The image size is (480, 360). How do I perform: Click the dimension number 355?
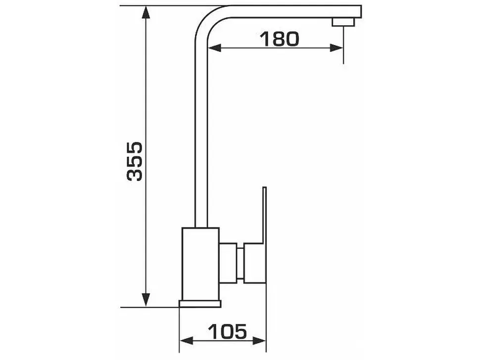pyautogui.click(x=135, y=161)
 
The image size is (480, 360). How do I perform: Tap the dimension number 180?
pyautogui.click(x=279, y=39)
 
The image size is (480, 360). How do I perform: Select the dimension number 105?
pyautogui.click(x=227, y=331)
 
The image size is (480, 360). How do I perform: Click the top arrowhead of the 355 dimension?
pyautogui.click(x=146, y=13)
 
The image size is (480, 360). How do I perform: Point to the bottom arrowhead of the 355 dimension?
pyautogui.click(x=146, y=300)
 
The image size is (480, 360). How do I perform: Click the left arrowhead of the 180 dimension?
pyautogui.click(x=214, y=47)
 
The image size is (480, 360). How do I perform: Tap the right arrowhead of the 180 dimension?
pyautogui.click(x=336, y=47)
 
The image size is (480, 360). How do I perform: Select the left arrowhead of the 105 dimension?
pyautogui.click(x=186, y=340)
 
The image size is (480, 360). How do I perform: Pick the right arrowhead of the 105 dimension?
pyautogui.click(x=259, y=340)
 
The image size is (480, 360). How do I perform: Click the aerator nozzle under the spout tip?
pyautogui.click(x=343, y=22)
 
